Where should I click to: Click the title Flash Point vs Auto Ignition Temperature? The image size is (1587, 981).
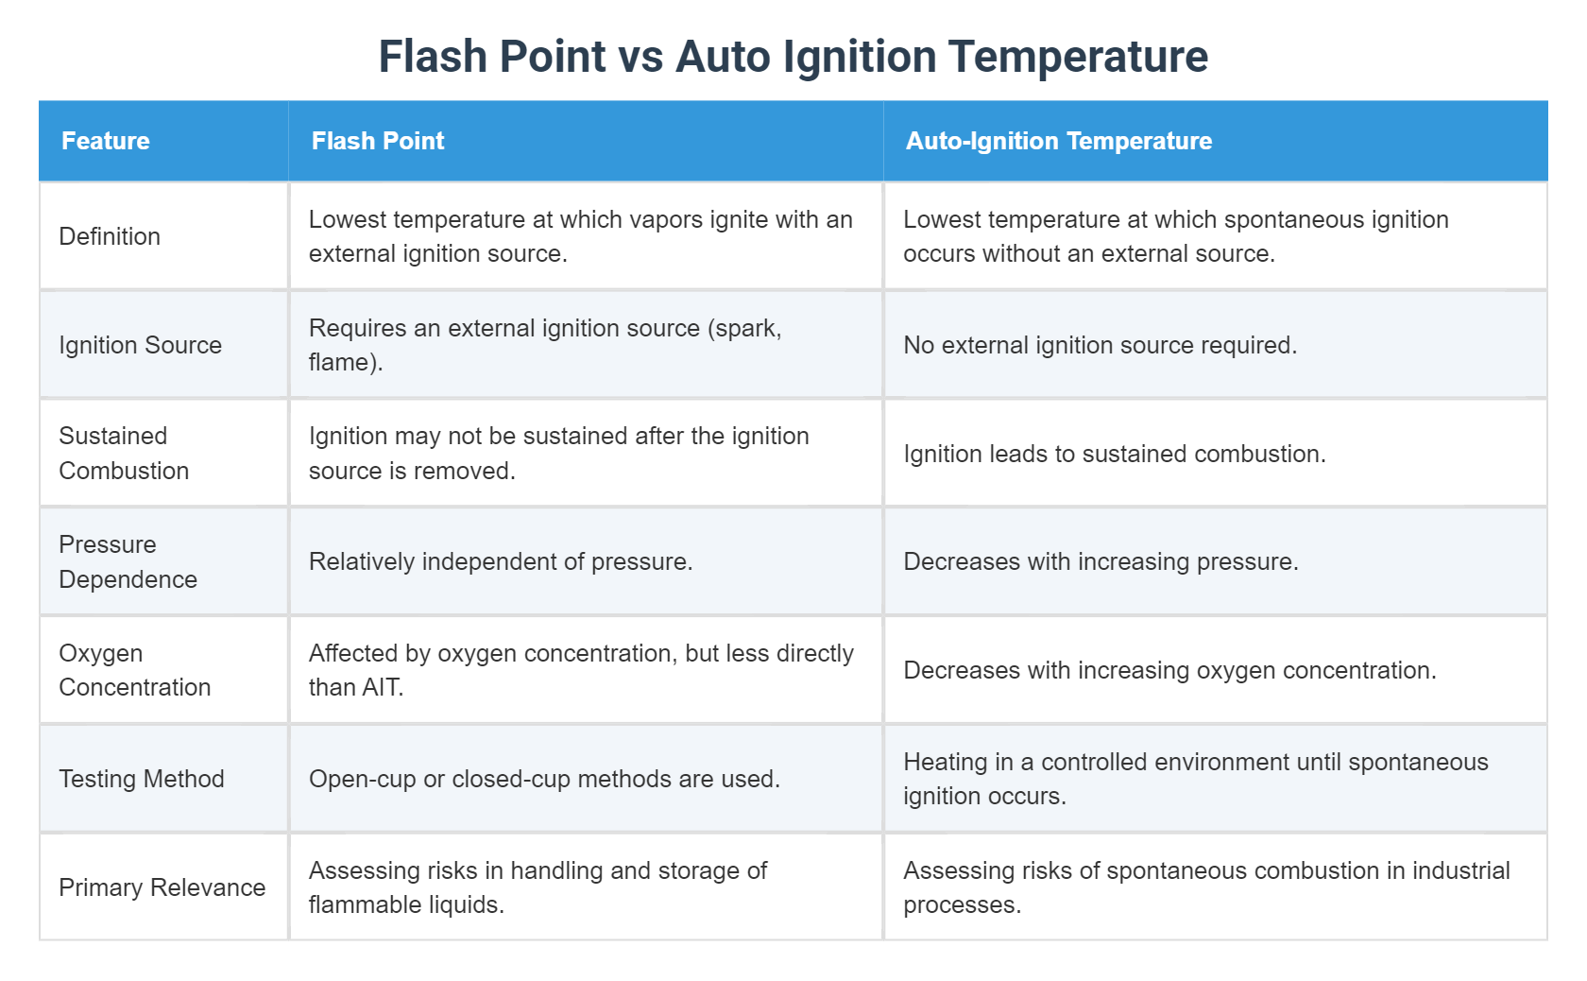[x=793, y=57]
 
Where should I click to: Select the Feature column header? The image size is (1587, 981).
[x=106, y=141]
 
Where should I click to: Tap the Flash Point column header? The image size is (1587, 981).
[x=378, y=141]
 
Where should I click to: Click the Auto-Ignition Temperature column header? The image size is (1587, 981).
[x=1059, y=141]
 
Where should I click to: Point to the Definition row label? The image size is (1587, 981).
[x=110, y=236]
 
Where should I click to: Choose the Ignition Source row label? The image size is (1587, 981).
[x=140, y=345]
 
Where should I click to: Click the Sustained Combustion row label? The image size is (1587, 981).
[x=124, y=454]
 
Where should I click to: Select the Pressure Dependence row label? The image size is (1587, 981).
[x=128, y=561]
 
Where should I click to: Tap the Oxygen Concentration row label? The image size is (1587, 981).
[x=134, y=670]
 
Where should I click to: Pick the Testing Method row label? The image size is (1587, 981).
[x=142, y=779]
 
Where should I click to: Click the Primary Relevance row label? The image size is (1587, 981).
[x=162, y=887]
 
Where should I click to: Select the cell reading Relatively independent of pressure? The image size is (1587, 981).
[x=501, y=561]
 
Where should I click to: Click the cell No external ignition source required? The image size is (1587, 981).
[x=1100, y=345]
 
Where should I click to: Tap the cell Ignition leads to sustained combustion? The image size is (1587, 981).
[x=1115, y=454]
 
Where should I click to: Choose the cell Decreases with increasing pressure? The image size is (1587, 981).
[x=1101, y=561]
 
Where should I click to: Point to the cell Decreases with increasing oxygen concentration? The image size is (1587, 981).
[x=1169, y=670]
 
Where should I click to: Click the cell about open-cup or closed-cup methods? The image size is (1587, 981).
[x=544, y=779]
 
